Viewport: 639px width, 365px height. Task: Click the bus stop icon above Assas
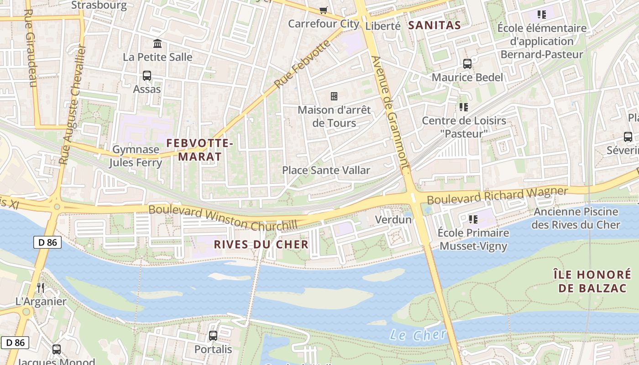pyautogui.click(x=147, y=75)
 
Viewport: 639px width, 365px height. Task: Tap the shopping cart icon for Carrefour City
pyautogui.click(x=324, y=10)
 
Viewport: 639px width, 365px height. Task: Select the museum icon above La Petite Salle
pyautogui.click(x=157, y=43)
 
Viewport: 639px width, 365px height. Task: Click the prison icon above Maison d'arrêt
pyautogui.click(x=334, y=96)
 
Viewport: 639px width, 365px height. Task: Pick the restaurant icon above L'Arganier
pyautogui.click(x=41, y=287)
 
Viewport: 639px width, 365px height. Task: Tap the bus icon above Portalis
pyautogui.click(x=213, y=336)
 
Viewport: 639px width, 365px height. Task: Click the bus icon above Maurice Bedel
pyautogui.click(x=467, y=63)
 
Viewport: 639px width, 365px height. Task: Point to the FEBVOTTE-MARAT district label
pyautogui.click(x=200, y=150)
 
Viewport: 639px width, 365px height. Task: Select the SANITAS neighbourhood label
pyautogui.click(x=435, y=26)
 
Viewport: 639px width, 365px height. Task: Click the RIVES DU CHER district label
pyautogui.click(x=261, y=245)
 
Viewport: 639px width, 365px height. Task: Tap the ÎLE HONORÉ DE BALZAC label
pyautogui.click(x=592, y=281)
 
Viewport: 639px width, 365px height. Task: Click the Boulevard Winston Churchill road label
pyautogui.click(x=223, y=218)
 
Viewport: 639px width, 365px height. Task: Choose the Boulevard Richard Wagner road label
pyautogui.click(x=498, y=196)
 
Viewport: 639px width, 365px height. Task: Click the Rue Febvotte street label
pyautogui.click(x=302, y=64)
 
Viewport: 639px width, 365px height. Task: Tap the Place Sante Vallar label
pyautogui.click(x=326, y=170)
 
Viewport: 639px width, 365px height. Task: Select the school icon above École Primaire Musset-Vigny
pyautogui.click(x=473, y=219)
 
